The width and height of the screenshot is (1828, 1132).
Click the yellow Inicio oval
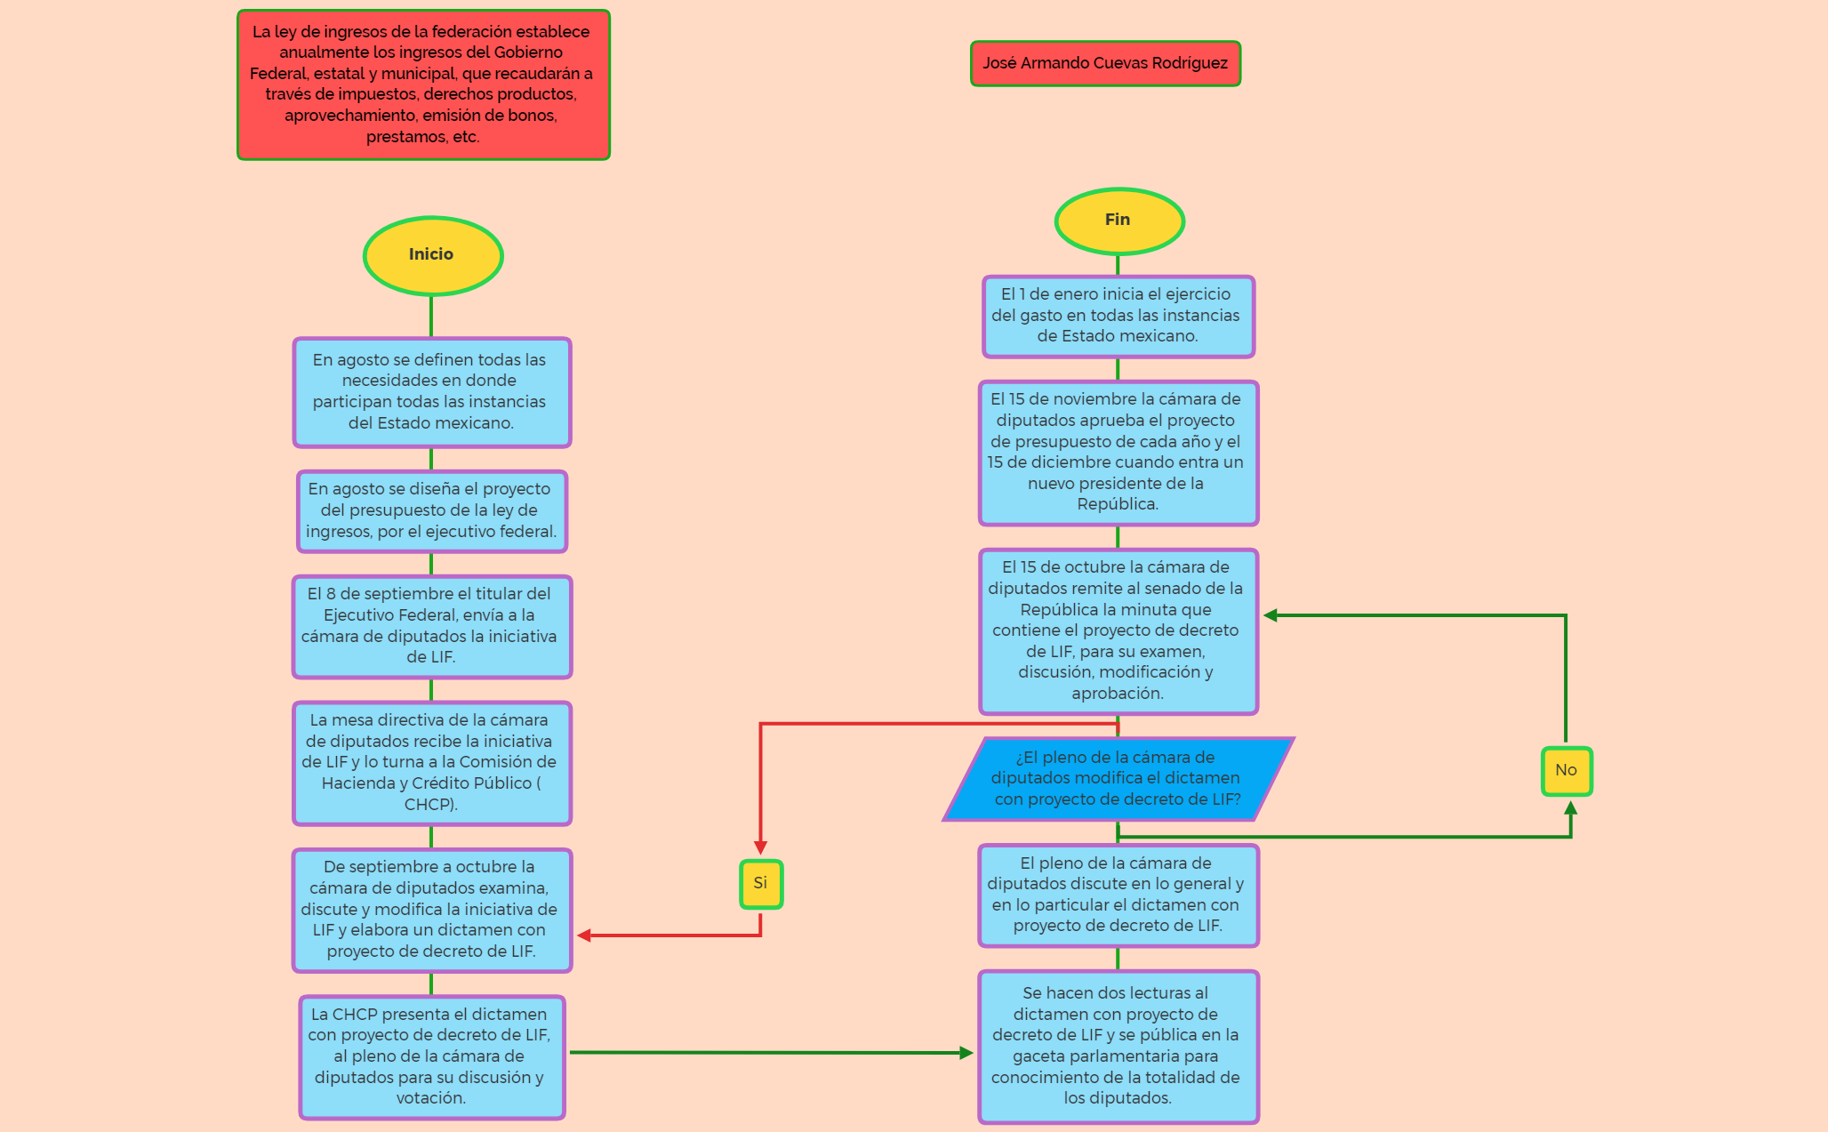(x=433, y=255)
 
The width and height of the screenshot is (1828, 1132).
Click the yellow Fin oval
(x=1118, y=221)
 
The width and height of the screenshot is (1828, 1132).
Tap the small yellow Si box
(x=761, y=884)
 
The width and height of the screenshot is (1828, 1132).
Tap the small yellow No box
(x=1567, y=771)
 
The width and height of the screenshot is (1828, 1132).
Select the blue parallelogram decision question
(x=1118, y=779)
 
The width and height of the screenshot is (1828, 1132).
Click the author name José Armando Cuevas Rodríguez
(x=1105, y=63)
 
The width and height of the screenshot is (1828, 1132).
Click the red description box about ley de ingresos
(x=423, y=84)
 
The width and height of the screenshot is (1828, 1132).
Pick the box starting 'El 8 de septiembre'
(x=431, y=626)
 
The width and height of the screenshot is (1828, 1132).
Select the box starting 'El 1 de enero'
(x=1118, y=316)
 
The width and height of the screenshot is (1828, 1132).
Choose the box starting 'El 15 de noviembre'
(x=1118, y=453)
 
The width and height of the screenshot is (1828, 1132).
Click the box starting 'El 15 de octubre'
(x=1118, y=630)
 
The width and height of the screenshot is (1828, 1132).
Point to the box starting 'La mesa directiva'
(x=431, y=763)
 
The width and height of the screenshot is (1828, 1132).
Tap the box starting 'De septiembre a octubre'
(x=431, y=910)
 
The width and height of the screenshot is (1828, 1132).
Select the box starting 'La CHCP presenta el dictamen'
(x=431, y=1056)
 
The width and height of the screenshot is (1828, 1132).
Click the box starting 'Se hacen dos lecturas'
(x=1118, y=1047)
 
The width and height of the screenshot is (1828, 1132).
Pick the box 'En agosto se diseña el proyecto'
(x=431, y=510)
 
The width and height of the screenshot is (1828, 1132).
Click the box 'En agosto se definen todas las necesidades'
(x=431, y=392)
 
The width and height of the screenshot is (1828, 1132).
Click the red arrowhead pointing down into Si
(x=761, y=847)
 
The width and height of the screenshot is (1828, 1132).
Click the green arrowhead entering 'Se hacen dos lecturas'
(x=966, y=1053)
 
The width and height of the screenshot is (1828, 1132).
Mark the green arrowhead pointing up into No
(x=1571, y=808)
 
